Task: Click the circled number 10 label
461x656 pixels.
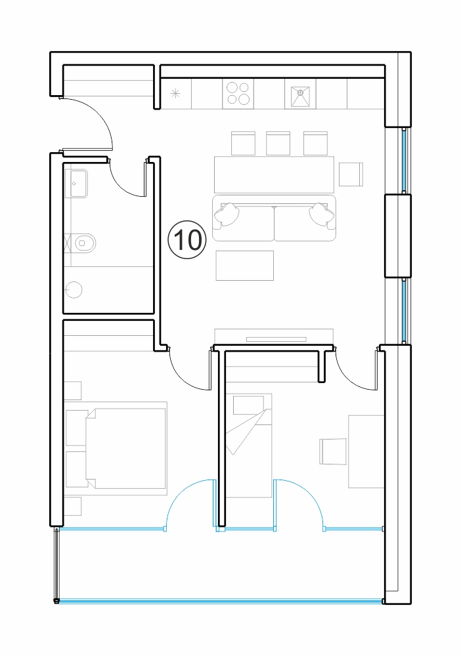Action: click(187, 240)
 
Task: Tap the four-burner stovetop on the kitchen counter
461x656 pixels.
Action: click(238, 93)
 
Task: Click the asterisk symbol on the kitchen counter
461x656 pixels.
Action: click(175, 94)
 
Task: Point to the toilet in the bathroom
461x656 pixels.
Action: click(85, 242)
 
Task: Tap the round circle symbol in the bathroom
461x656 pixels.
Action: click(74, 289)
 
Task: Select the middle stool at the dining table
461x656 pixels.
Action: click(278, 144)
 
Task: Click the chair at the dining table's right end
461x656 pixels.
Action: click(351, 174)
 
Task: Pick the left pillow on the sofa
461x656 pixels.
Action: click(227, 215)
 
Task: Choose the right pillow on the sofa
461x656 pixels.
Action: click(323, 215)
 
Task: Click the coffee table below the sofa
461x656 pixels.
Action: click(245, 266)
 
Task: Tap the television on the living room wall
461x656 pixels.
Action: click(276, 339)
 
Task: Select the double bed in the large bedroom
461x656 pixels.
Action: click(126, 449)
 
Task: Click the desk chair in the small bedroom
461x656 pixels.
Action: click(334, 451)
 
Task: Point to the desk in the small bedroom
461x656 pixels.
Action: click(366, 451)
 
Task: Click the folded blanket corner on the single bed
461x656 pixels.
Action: click(247, 432)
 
